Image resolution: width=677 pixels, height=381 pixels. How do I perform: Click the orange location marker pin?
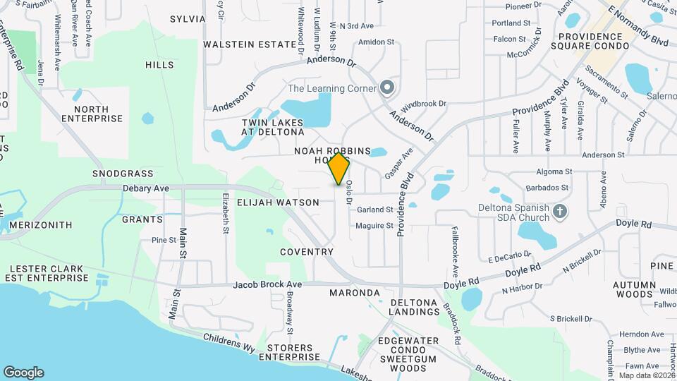pyautogui.click(x=339, y=168)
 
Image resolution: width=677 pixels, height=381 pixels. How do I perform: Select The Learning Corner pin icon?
pyautogui.click(x=386, y=88)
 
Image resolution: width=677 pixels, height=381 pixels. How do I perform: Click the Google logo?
pyautogui.click(x=23, y=373)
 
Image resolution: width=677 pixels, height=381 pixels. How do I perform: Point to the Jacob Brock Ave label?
pyautogui.click(x=268, y=284)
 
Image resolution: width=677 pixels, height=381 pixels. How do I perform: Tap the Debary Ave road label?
pyautogui.click(x=146, y=188)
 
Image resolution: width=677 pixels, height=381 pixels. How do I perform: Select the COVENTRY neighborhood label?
pyautogui.click(x=306, y=252)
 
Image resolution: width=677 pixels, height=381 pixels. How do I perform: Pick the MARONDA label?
pyautogui.click(x=355, y=292)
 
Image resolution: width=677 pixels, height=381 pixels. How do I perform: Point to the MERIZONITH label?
pyautogui.click(x=40, y=225)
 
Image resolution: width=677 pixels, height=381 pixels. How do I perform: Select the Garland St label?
pyautogui.click(x=374, y=210)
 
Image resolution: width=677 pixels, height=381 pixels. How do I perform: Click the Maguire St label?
pyautogui.click(x=374, y=226)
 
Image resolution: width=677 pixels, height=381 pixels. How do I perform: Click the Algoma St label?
pyautogui.click(x=554, y=171)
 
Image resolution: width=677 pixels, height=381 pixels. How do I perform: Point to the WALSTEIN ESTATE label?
pyautogui.click(x=250, y=44)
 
